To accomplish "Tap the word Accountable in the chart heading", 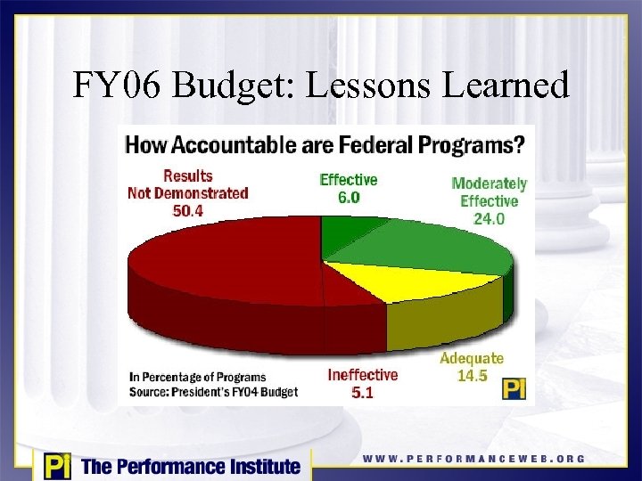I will [250, 144].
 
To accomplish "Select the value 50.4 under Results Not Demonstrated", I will [187, 210].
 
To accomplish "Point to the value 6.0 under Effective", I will [349, 198].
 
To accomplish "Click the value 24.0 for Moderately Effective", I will [489, 218].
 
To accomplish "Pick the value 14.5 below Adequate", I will [472, 376].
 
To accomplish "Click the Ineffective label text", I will [362, 374].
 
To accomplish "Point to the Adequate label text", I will [472, 359].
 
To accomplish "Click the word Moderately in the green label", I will [489, 184].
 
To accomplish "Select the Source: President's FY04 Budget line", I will [213, 391].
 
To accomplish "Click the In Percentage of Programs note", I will [197, 377].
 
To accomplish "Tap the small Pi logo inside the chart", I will [514, 389].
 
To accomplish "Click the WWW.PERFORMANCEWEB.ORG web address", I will [473, 459].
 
